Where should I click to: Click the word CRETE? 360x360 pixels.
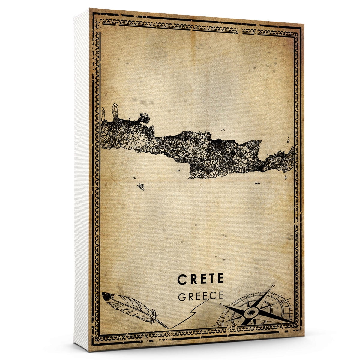click(x=201, y=279)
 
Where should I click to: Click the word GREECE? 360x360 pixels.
click(x=201, y=296)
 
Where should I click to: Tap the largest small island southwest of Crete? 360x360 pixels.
click(x=141, y=187)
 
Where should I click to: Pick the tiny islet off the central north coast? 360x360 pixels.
click(x=223, y=130)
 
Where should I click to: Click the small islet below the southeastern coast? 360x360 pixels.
click(x=257, y=183)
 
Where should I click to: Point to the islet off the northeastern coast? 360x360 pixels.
click(x=288, y=140)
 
